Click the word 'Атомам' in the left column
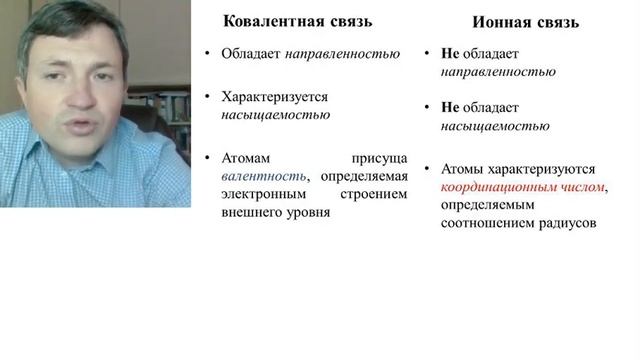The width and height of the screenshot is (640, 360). tap(247, 158)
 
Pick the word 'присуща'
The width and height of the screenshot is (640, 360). tap(380, 158)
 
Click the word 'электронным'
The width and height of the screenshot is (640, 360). tap(263, 194)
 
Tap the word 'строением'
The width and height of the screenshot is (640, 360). tap(374, 194)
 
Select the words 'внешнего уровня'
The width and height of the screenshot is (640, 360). tap(275, 212)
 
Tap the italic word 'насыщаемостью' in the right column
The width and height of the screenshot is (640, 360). tap(495, 126)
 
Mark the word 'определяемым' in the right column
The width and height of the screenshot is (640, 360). tap(487, 205)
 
